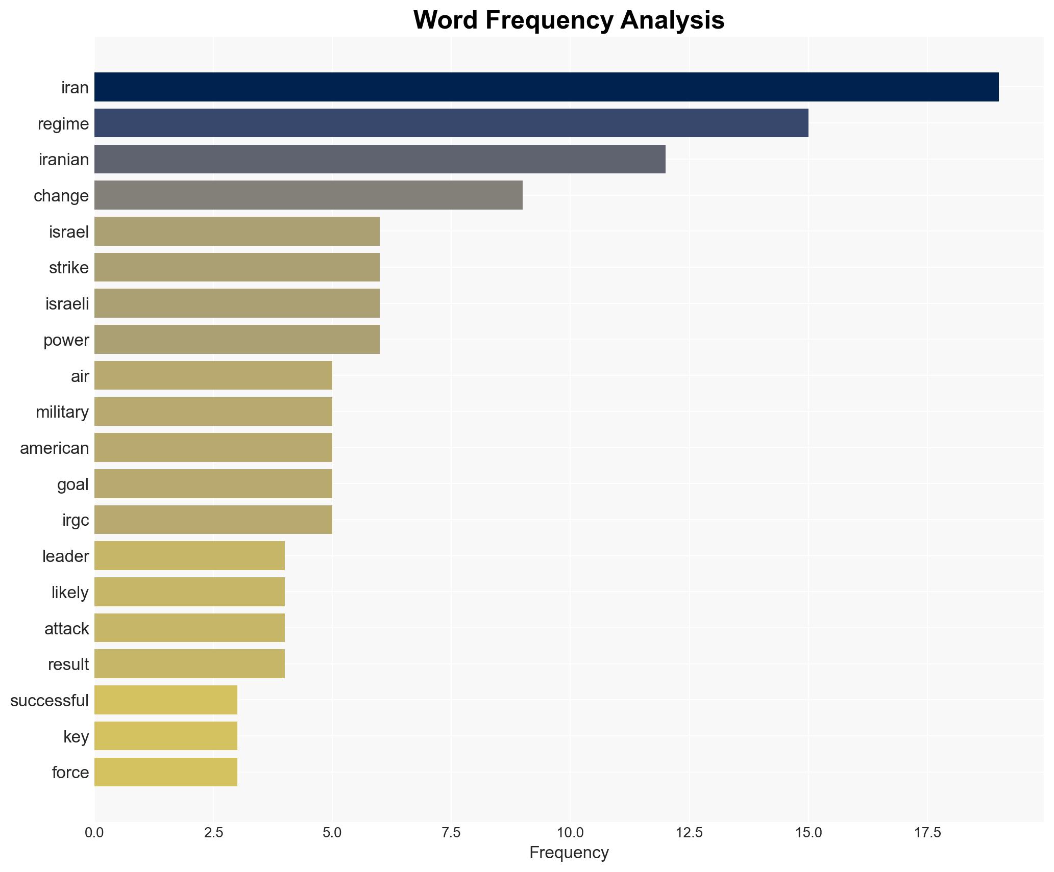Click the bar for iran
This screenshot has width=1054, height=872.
[546, 87]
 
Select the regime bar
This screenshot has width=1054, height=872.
[451, 123]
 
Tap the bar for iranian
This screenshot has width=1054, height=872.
[380, 160]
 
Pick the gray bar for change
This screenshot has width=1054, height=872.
[308, 195]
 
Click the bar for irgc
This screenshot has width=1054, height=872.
[213, 520]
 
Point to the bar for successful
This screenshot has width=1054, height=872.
[166, 700]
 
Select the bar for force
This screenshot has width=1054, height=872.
[166, 772]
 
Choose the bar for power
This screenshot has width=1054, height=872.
[237, 340]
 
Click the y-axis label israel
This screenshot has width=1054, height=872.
[69, 232]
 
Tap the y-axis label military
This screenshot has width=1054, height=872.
[62, 412]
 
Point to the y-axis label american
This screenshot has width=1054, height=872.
[55, 448]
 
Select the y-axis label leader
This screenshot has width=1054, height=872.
[66, 556]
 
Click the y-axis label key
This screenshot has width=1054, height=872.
[76, 737]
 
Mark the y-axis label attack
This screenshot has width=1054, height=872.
[67, 629]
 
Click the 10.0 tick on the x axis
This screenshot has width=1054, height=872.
[570, 833]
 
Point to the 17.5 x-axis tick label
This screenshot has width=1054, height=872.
[927, 833]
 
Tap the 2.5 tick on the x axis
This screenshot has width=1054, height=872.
[213, 833]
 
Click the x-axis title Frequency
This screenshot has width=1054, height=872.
[569, 853]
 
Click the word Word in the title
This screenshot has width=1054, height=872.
[446, 20]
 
